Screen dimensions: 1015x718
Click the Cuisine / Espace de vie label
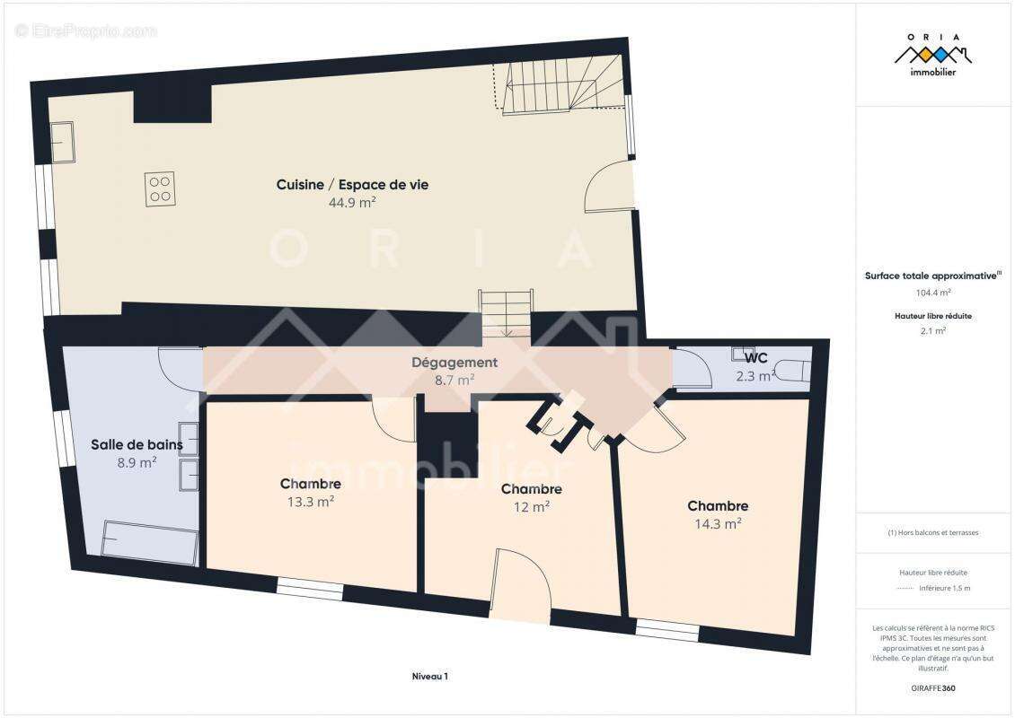(x=352, y=185)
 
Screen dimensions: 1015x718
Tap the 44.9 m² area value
(x=352, y=203)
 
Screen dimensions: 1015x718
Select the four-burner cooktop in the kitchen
(x=160, y=188)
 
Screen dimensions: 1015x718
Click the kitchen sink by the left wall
(x=63, y=143)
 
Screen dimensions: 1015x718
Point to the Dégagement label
(x=455, y=363)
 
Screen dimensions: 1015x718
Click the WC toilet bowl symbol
(x=794, y=371)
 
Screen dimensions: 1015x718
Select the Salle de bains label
(x=137, y=445)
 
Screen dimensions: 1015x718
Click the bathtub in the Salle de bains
(x=150, y=542)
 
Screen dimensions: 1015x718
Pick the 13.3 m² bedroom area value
(x=311, y=502)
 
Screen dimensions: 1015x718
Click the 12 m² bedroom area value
(x=532, y=507)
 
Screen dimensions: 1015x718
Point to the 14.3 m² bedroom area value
(x=718, y=524)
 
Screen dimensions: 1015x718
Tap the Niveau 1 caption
(x=430, y=677)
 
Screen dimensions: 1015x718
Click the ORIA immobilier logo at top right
(x=932, y=56)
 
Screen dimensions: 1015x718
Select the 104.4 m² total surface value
(x=932, y=293)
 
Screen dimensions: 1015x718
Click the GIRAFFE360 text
(x=932, y=688)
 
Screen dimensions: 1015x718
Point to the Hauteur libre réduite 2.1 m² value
(x=932, y=331)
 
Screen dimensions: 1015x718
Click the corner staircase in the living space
(x=560, y=84)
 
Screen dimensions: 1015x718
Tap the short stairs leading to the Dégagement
(x=507, y=314)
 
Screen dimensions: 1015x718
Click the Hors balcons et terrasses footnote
(x=932, y=533)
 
